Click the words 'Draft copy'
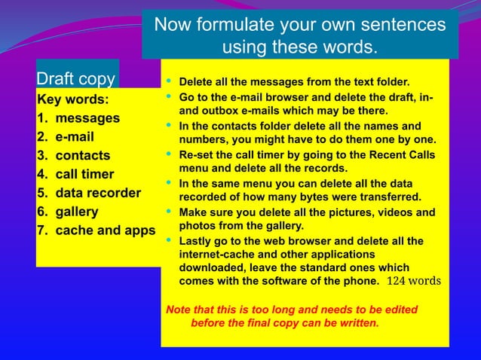76,79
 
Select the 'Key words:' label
72,99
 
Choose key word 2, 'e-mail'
75,137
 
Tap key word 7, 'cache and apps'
106,230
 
